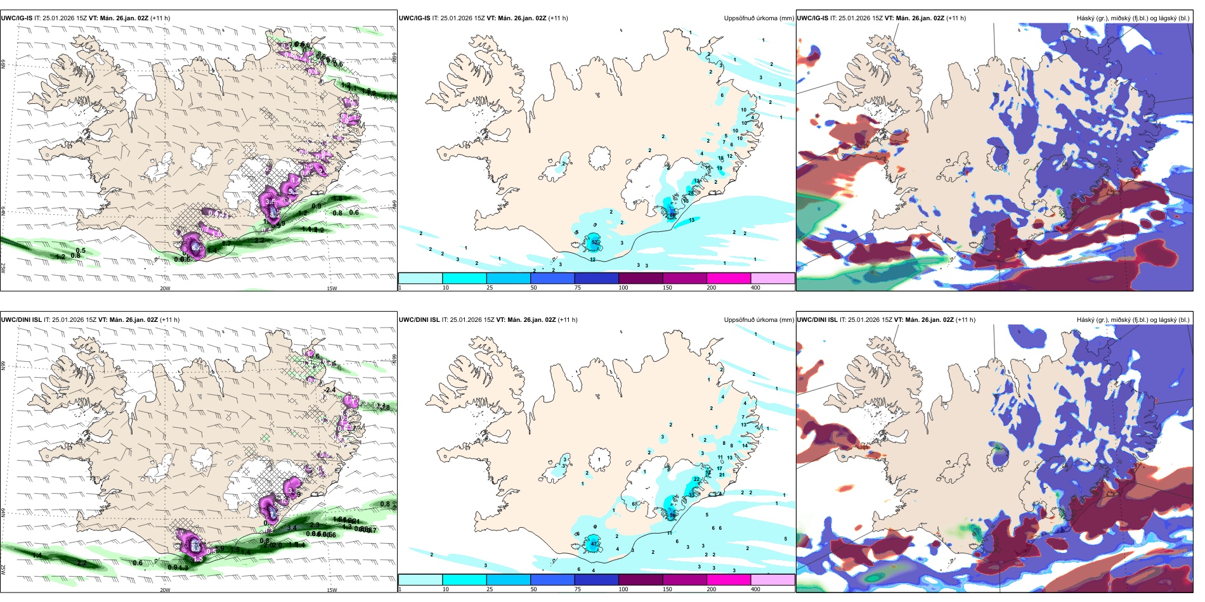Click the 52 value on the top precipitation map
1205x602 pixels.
595,242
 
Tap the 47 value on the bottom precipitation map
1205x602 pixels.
594,544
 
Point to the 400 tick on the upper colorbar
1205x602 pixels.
755,288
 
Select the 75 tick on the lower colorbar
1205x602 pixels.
578,589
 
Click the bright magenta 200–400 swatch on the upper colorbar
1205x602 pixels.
728,278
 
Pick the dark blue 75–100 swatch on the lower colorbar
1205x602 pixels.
596,580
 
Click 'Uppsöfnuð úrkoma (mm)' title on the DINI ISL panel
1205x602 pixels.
759,320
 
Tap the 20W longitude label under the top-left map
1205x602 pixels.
165,288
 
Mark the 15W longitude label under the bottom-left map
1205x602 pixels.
332,590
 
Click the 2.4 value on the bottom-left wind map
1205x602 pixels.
330,390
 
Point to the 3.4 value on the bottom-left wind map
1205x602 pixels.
292,527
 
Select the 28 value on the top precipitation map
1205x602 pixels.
691,193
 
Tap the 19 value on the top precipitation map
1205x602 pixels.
719,168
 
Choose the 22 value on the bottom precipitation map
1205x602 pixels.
697,479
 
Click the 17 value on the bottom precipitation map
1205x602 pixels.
719,469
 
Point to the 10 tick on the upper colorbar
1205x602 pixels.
445,288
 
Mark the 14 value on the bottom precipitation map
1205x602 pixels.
745,445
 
